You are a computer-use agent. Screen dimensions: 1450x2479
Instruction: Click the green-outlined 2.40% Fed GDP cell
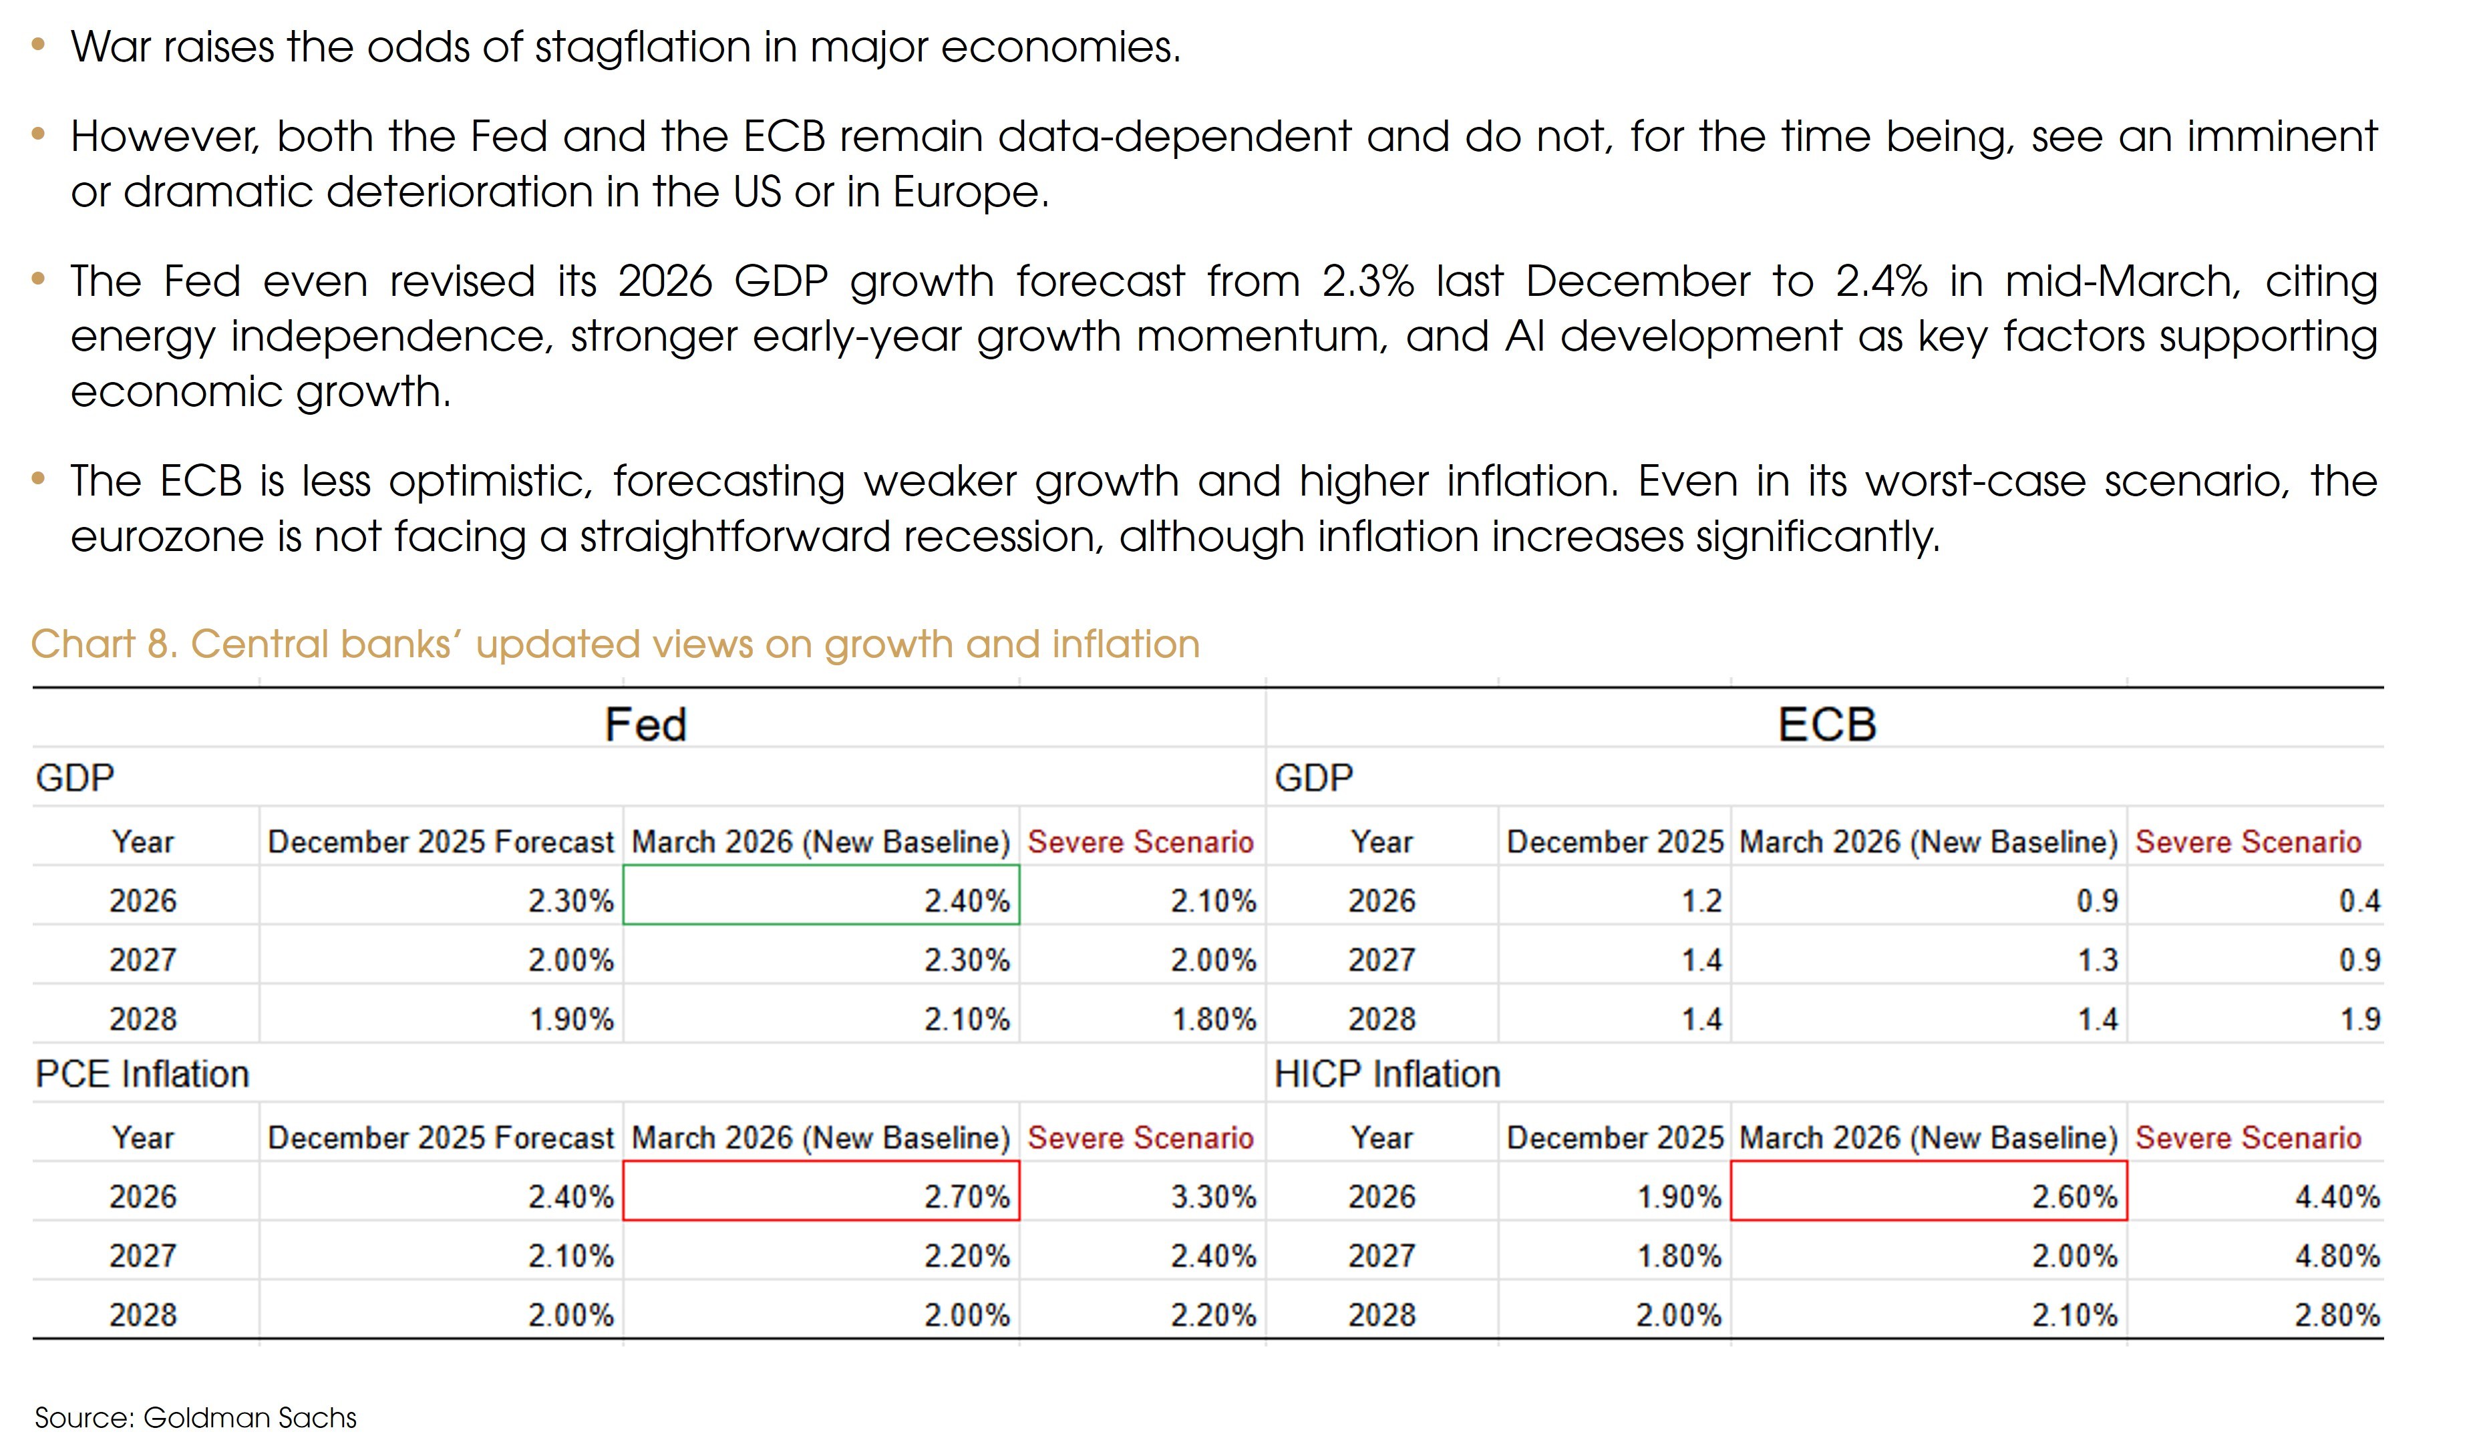point(822,895)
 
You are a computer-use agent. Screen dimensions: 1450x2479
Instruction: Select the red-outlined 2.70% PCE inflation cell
point(822,1192)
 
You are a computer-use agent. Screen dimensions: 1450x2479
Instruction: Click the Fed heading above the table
point(645,725)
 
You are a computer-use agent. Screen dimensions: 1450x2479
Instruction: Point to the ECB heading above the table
point(1827,725)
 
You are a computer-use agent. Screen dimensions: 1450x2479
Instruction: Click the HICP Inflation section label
point(1387,1073)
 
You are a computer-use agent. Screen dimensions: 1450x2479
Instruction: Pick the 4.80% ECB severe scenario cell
point(2337,1256)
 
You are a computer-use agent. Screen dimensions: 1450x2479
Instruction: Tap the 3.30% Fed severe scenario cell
point(1213,1197)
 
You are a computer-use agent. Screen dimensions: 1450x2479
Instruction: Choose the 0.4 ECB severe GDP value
point(2359,901)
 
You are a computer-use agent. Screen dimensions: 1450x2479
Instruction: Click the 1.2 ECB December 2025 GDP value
point(1701,901)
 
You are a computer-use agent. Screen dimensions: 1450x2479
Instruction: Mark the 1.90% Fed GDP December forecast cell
point(570,1019)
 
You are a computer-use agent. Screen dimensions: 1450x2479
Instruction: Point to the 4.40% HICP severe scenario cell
point(2337,1197)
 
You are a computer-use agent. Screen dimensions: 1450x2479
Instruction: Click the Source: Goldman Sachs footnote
point(195,1417)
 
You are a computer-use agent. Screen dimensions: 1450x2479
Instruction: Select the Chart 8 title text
point(615,645)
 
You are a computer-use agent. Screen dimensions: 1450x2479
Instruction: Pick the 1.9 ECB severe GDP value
point(2359,1019)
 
